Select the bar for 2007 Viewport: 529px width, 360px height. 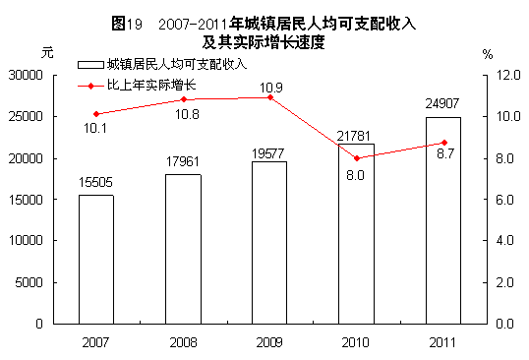coord(96,259)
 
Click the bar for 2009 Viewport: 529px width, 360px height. coord(269,242)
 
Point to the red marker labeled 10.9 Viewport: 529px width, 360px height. coord(269,97)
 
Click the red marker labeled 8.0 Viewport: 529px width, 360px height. coord(356,158)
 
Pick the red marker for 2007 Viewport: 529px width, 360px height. coord(96,114)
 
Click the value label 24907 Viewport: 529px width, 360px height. coord(442,104)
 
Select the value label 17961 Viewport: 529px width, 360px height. coord(183,162)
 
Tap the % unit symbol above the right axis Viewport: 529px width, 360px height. coord(487,54)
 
